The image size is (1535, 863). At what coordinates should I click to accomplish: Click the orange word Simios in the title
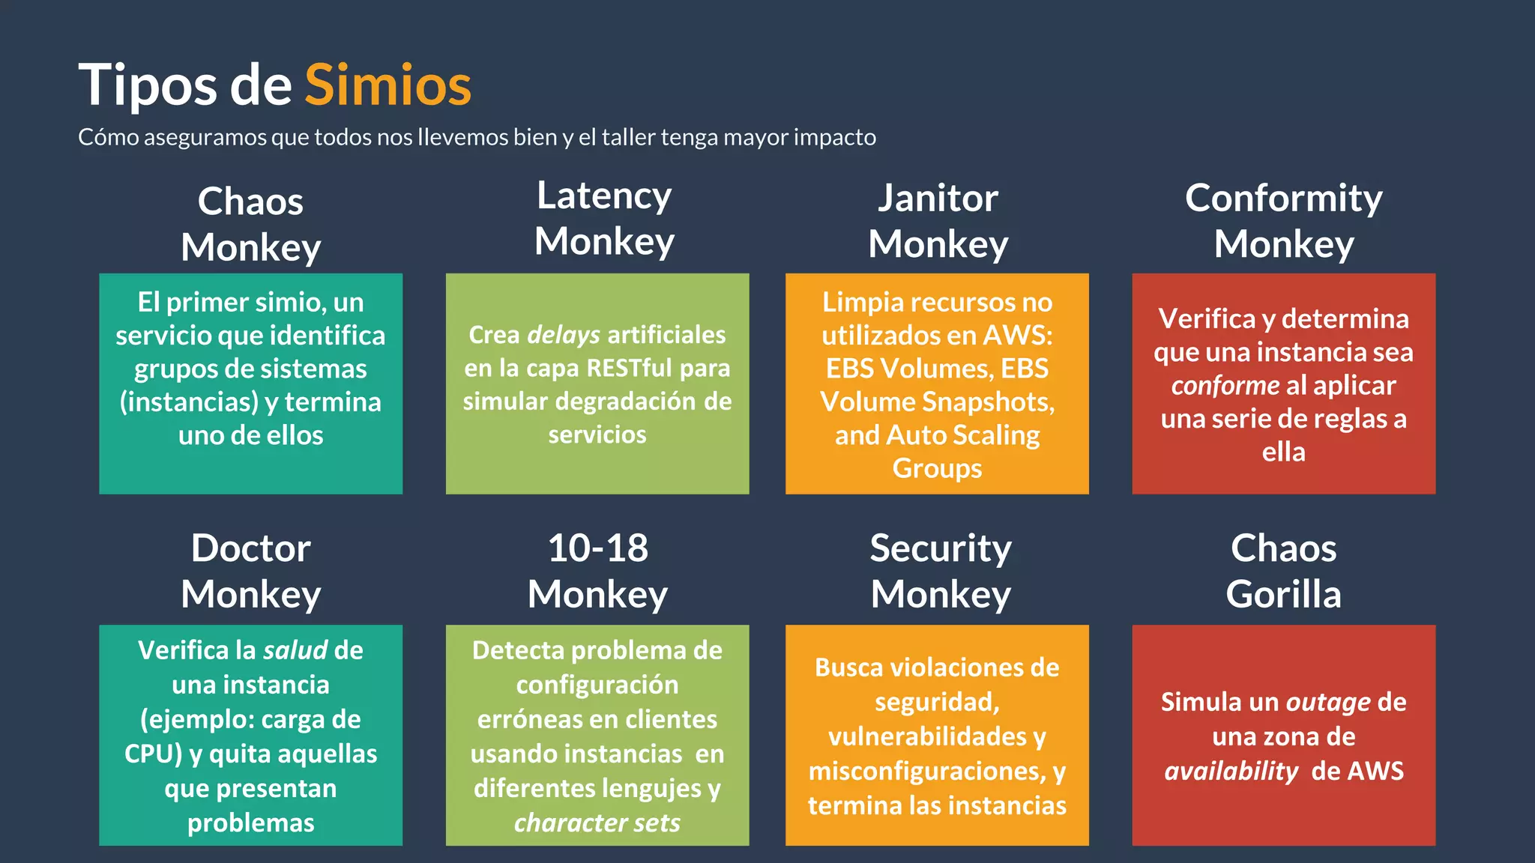[387, 85]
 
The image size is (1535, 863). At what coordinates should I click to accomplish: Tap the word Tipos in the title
[148, 85]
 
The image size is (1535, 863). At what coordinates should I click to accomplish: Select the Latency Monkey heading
[604, 219]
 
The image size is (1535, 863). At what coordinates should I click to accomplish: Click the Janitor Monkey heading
[938, 221]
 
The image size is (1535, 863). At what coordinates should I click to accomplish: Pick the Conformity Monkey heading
[1284, 221]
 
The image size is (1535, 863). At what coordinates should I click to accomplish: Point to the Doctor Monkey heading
[250, 571]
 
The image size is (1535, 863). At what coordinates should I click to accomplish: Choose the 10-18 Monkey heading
[597, 571]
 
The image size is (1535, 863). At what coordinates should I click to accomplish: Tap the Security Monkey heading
[941, 571]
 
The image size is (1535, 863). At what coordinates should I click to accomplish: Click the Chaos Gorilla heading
[1284, 571]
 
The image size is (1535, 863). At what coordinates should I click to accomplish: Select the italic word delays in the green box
[564, 335]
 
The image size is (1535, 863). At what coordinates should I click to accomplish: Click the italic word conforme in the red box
[1225, 386]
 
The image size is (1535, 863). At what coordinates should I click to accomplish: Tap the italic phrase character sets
[597, 823]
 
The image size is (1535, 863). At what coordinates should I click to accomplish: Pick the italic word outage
[1328, 703]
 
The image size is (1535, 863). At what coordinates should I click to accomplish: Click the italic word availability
[1231, 772]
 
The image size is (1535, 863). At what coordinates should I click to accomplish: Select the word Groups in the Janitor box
[937, 468]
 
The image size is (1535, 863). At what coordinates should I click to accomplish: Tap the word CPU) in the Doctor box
[153, 754]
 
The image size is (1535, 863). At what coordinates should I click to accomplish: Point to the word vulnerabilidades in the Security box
[928, 737]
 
